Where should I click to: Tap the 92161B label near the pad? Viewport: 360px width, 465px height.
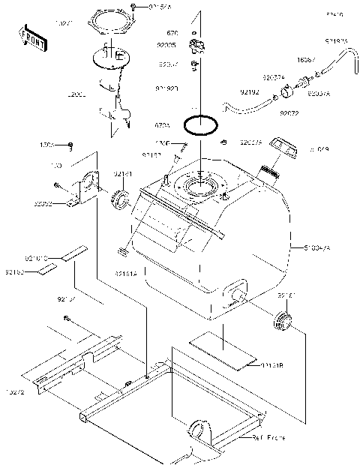[273, 365]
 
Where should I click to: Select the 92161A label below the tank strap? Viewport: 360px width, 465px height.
[127, 274]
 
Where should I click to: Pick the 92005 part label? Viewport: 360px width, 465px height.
[166, 45]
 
